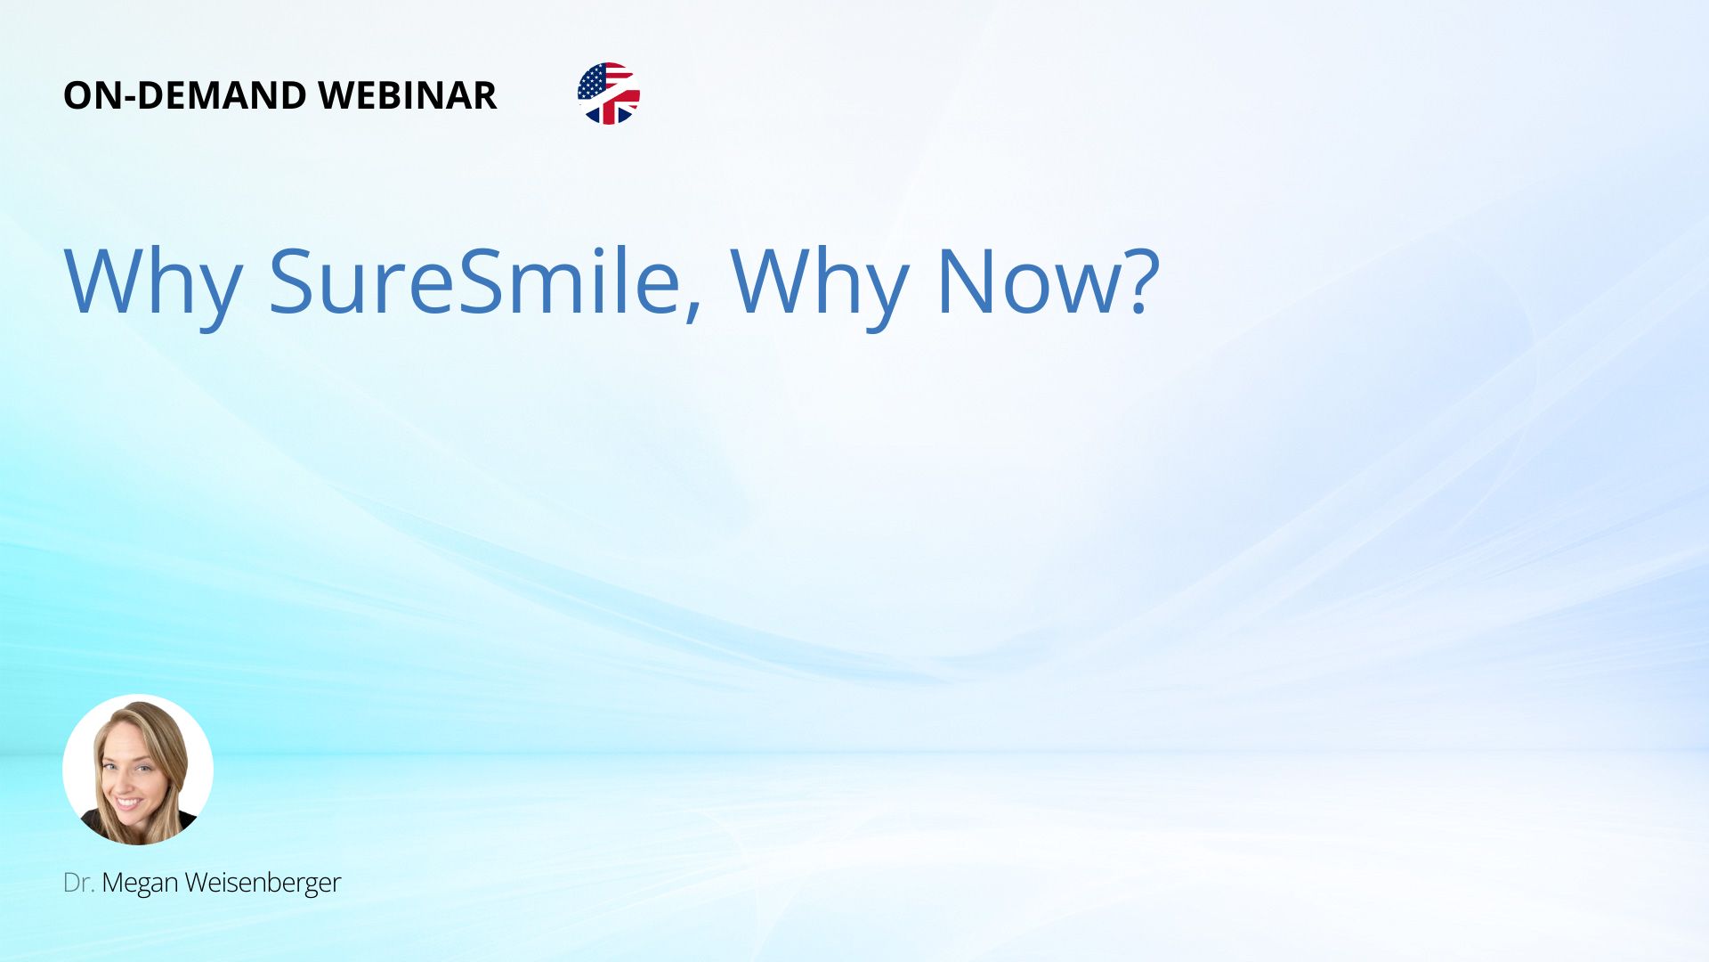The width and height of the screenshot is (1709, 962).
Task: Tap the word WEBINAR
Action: tap(408, 95)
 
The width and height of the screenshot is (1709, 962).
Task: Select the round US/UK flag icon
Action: tap(609, 94)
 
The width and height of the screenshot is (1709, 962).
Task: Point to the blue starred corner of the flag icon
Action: tap(592, 83)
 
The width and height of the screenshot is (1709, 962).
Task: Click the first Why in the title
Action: tap(153, 281)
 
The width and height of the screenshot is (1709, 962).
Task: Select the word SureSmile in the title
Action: tap(474, 280)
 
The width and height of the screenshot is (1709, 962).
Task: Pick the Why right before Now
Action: tap(820, 281)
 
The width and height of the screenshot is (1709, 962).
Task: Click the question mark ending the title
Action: tap(1139, 280)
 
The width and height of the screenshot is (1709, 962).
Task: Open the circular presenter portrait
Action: tap(138, 770)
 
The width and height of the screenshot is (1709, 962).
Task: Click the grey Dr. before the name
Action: tap(78, 883)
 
